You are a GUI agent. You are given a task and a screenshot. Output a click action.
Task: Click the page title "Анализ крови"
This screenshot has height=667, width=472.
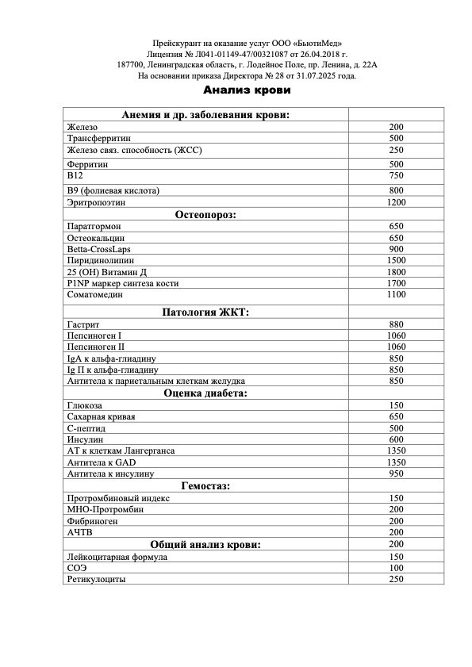point(247,90)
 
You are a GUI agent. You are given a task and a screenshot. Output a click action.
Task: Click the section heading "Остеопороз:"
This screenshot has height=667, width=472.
point(205,214)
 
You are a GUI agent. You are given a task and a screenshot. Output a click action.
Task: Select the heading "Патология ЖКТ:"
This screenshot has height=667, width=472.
point(205,312)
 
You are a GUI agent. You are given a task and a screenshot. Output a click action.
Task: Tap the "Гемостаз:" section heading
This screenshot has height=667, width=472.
point(205,486)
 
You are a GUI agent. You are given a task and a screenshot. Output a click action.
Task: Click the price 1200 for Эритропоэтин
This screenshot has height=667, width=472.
point(397,202)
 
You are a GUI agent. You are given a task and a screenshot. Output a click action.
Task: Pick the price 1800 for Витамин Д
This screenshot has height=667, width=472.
point(397,271)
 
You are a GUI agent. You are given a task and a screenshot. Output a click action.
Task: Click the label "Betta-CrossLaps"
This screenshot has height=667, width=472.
point(99,248)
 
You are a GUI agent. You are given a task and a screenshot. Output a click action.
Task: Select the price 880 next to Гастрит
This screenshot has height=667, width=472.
point(397,324)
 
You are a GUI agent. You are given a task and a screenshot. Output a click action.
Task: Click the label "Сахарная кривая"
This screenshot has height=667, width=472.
point(102,416)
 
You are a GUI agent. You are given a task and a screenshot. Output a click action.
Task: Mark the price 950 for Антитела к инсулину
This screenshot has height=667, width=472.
point(397,473)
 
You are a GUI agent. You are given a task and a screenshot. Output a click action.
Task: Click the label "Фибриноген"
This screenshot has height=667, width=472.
point(90,521)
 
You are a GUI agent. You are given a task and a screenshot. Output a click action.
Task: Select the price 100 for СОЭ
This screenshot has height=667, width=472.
point(397,568)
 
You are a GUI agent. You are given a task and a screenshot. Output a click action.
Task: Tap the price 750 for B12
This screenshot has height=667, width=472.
point(397,175)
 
